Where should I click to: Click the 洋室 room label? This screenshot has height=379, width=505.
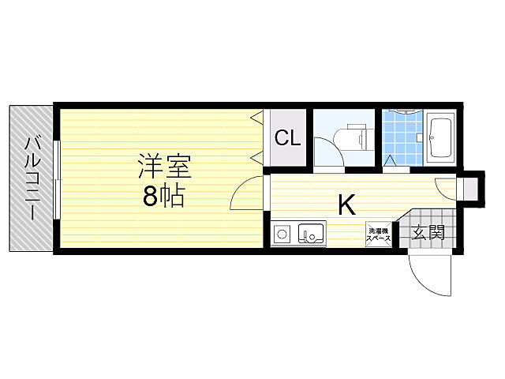[165, 167]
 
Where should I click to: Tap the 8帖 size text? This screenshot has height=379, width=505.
[163, 196]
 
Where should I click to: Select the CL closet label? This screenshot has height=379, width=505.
[287, 137]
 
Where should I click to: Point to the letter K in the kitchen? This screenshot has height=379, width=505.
[347, 205]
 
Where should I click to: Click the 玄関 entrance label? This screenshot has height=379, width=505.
[428, 232]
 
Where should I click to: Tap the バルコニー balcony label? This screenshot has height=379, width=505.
[33, 178]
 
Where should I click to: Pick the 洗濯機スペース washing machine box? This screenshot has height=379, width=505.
[379, 235]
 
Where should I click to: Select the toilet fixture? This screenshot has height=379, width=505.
[353, 140]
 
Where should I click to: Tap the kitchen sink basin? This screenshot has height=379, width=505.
[311, 233]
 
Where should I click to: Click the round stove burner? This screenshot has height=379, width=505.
[282, 233]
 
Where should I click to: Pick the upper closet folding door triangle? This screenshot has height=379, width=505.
[257, 118]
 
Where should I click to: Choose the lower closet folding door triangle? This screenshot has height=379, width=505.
[257, 159]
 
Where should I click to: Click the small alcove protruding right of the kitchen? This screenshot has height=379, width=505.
[470, 187]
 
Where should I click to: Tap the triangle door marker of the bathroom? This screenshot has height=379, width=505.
[390, 160]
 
